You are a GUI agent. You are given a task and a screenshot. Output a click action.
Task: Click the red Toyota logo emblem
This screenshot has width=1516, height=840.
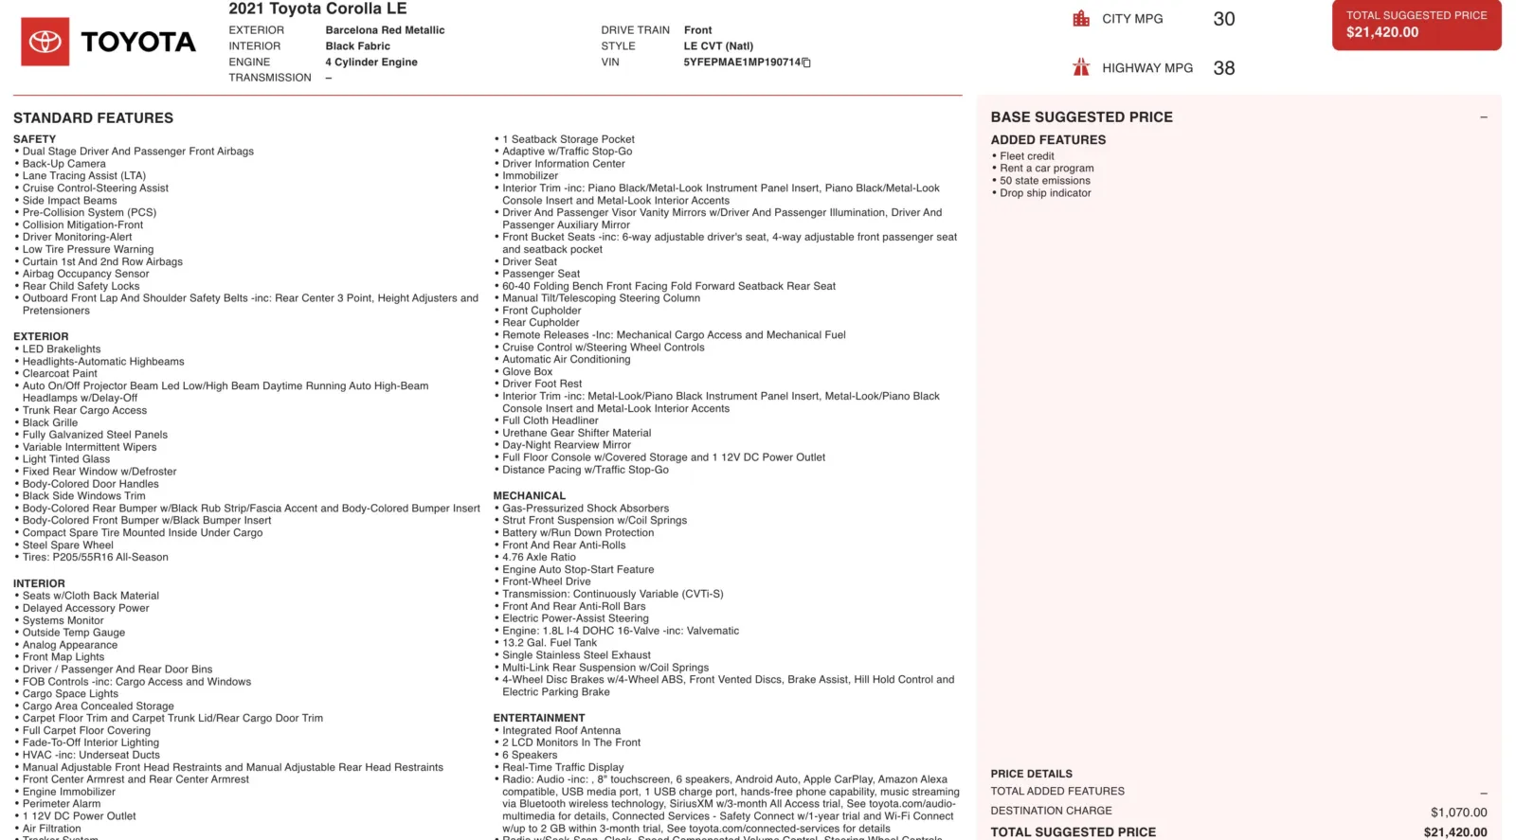pyautogui.click(x=45, y=42)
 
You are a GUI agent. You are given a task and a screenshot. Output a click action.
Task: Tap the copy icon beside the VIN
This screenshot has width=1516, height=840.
pyautogui.click(x=806, y=63)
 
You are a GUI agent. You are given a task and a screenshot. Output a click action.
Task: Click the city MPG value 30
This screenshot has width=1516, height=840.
pyautogui.click(x=1223, y=19)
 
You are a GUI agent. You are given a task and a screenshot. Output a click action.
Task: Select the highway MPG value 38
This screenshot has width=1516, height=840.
pyautogui.click(x=1223, y=68)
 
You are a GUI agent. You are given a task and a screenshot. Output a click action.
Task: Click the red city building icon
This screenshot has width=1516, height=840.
pyautogui.click(x=1081, y=19)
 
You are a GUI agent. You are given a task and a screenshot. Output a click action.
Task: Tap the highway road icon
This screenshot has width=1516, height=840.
pyautogui.click(x=1081, y=67)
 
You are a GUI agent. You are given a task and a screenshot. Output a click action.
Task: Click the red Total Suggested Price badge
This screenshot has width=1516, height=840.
pyautogui.click(x=1416, y=25)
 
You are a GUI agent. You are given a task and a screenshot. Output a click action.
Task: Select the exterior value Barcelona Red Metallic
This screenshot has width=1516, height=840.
pyautogui.click(x=385, y=30)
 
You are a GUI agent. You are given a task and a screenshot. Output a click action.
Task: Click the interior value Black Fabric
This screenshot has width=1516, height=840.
pyautogui.click(x=357, y=46)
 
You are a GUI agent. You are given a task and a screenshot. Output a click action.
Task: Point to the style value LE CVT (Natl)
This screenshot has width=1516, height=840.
pyautogui.click(x=718, y=46)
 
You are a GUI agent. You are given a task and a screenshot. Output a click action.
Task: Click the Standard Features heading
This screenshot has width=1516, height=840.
pyautogui.click(x=93, y=118)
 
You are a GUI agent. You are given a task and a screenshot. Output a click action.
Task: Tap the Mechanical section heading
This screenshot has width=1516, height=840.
pyautogui.click(x=529, y=496)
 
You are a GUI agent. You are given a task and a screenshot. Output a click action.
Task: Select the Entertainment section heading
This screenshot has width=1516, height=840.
pyautogui.click(x=538, y=718)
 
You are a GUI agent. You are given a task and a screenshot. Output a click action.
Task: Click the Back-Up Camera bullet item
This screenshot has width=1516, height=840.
pyautogui.click(x=63, y=164)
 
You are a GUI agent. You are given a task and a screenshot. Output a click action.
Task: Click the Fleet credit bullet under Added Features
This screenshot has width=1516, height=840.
pyautogui.click(x=1026, y=156)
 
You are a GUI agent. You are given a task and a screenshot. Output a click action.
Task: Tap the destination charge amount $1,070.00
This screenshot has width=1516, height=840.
pyautogui.click(x=1458, y=813)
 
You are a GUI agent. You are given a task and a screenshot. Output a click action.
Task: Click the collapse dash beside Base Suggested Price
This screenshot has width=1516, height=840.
pyautogui.click(x=1483, y=117)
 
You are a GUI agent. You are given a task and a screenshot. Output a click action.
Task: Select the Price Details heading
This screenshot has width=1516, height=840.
pyautogui.click(x=1031, y=774)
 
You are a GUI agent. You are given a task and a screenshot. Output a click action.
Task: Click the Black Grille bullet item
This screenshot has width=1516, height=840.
pyautogui.click(x=50, y=422)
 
